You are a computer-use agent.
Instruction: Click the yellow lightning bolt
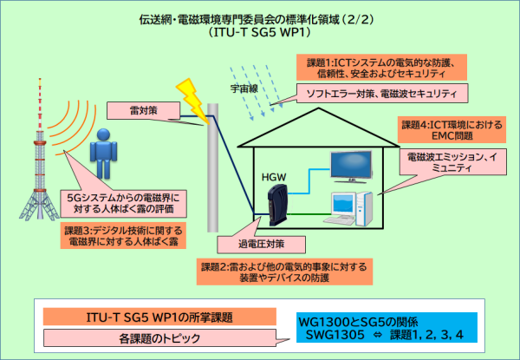tap(192, 101)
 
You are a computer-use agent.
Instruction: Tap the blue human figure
tap(103, 154)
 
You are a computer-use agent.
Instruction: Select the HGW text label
tap(274, 177)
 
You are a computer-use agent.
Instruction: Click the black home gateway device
tap(278, 205)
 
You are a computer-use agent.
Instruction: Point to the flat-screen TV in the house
tap(351, 167)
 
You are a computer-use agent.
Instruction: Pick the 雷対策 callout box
tap(143, 110)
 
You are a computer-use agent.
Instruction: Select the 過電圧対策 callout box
tap(262, 245)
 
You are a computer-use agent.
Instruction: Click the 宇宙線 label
tap(244, 88)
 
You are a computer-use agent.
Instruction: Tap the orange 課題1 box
tap(381, 68)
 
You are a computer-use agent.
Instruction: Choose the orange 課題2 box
tap(284, 272)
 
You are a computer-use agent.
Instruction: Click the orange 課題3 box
tap(123, 235)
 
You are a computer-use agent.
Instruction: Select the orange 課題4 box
tap(452, 130)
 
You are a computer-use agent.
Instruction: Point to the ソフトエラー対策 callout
tap(382, 93)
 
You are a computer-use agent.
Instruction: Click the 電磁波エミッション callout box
tap(453, 162)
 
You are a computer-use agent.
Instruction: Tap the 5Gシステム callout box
tap(123, 203)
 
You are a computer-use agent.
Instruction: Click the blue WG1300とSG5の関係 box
tap(387, 328)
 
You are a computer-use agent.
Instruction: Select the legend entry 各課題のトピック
tap(159, 338)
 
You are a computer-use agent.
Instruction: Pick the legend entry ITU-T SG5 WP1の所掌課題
tap(159, 317)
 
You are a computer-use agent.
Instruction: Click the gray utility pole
tap(213, 168)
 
